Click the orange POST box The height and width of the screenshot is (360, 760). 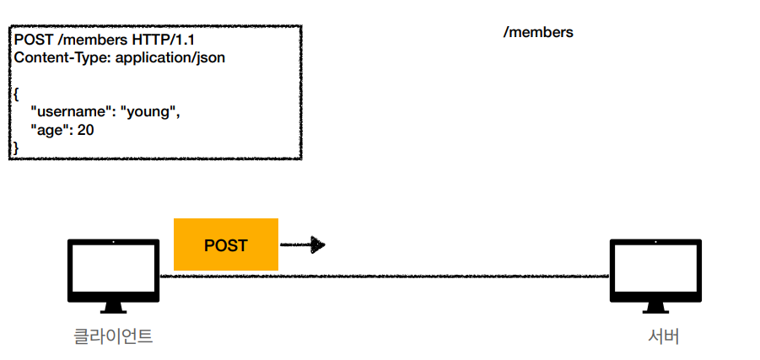(225, 245)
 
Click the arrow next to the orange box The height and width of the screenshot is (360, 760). (303, 245)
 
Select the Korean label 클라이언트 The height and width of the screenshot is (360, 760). (113, 336)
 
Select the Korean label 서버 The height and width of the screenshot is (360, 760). (664, 336)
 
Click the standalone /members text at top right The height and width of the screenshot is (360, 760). (537, 33)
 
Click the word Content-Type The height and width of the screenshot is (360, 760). (53, 58)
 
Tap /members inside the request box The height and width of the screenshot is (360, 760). (88, 40)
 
